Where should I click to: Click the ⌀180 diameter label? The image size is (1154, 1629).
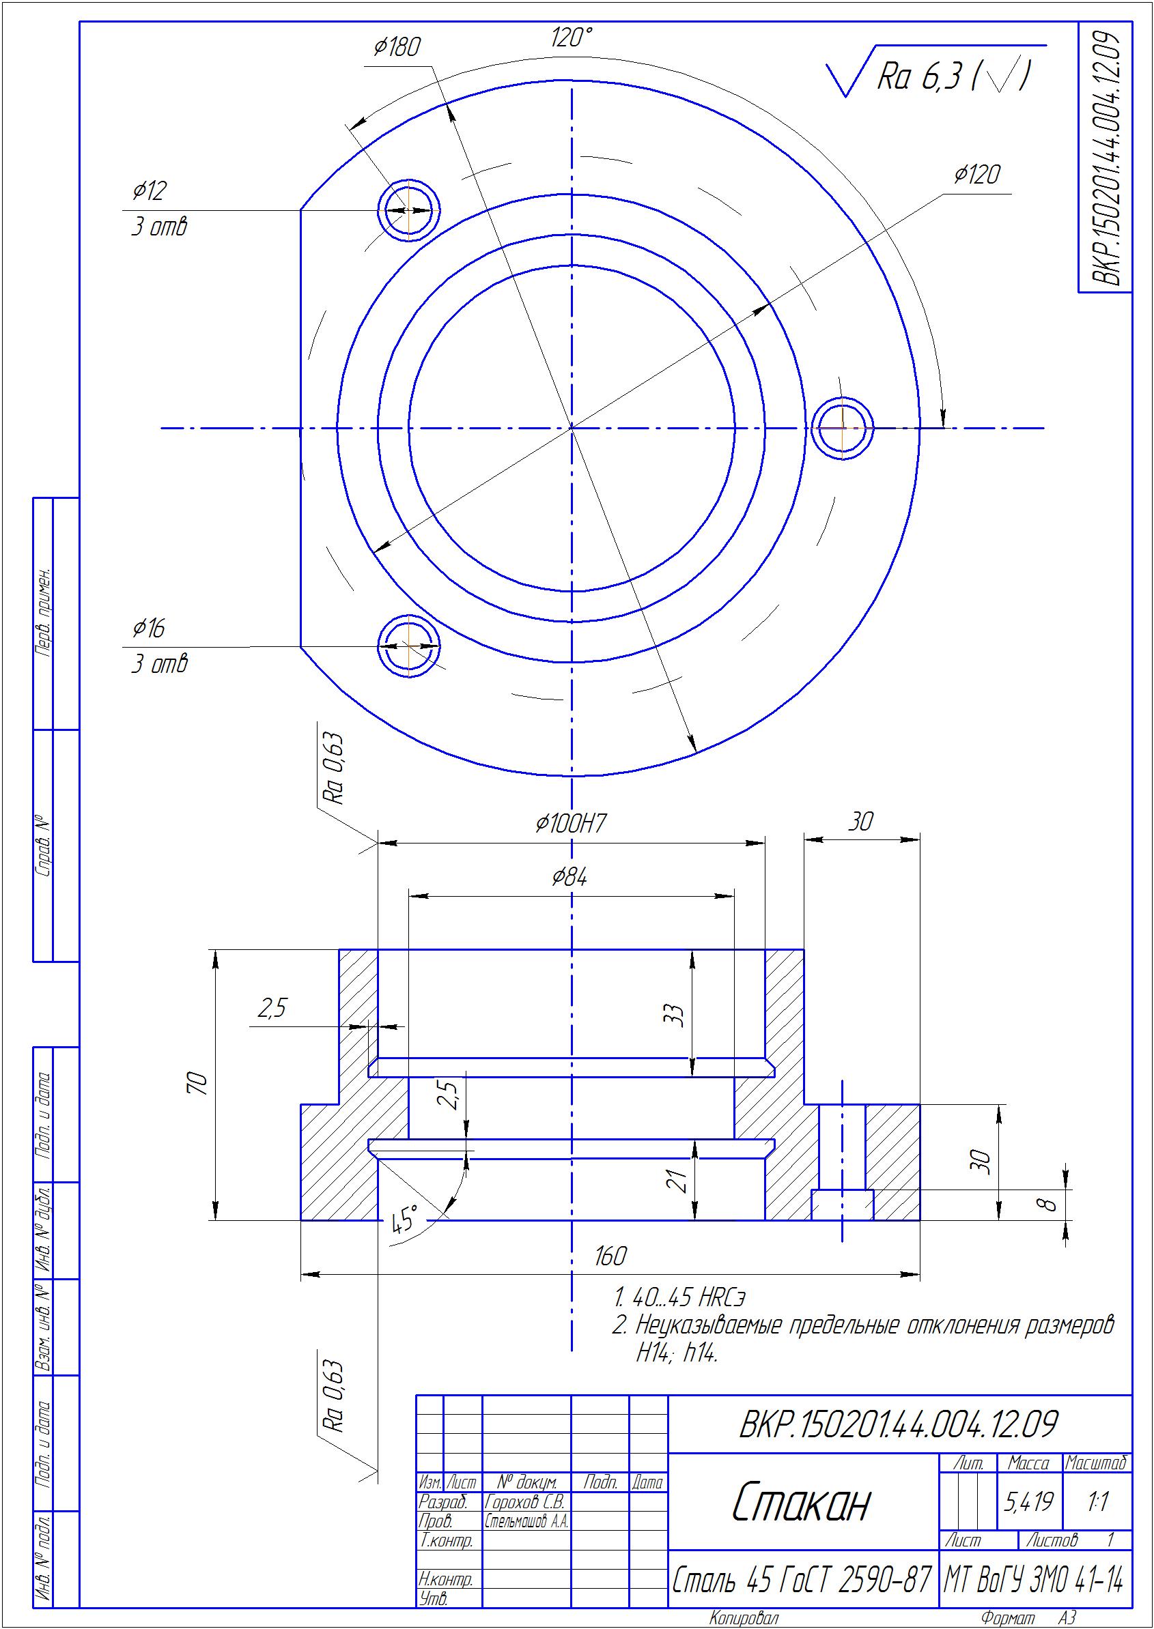tap(397, 47)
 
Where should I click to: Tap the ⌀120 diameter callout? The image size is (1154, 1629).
tap(977, 175)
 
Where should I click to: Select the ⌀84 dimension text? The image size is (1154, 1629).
tap(570, 878)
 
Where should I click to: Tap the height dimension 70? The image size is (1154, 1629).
tap(199, 1084)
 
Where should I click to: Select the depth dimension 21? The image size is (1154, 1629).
tap(679, 1180)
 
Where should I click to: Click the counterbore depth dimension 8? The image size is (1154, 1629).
tap(1050, 1205)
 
